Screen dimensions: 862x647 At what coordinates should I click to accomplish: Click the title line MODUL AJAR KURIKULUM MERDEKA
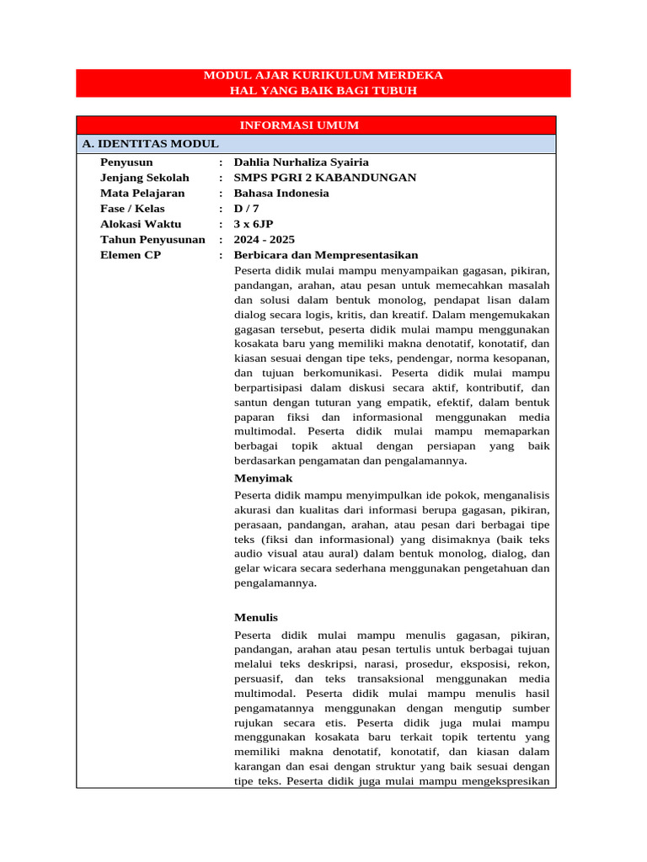pyautogui.click(x=323, y=76)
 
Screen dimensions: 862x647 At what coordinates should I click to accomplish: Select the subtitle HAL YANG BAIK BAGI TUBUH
pyautogui.click(x=323, y=90)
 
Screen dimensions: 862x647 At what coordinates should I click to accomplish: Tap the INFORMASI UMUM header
pyautogui.click(x=299, y=125)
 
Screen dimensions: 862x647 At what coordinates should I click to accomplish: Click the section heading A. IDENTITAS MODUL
pyautogui.click(x=151, y=144)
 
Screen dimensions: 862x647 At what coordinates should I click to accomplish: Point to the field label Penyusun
pyautogui.click(x=127, y=162)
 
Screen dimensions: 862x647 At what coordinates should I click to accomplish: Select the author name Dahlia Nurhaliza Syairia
pyautogui.click(x=302, y=162)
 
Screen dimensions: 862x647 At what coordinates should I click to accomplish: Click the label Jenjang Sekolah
pyautogui.click(x=145, y=178)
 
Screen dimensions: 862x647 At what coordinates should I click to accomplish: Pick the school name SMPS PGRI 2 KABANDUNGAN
pyautogui.click(x=325, y=178)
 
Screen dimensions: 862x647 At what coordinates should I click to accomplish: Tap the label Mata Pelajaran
pyautogui.click(x=142, y=193)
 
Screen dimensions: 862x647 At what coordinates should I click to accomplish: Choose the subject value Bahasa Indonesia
pyautogui.click(x=281, y=193)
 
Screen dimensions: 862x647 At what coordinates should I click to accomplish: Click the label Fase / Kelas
pyautogui.click(x=132, y=209)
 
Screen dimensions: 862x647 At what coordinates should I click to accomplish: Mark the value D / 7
pyautogui.click(x=248, y=209)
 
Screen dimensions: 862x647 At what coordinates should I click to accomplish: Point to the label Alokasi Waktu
pyautogui.click(x=142, y=224)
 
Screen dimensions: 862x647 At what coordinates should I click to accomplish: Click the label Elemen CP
pyautogui.click(x=131, y=255)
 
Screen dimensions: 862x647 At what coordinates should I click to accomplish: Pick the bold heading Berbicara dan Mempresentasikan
pyautogui.click(x=326, y=255)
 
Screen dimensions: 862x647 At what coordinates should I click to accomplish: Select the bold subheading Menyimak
pyautogui.click(x=263, y=478)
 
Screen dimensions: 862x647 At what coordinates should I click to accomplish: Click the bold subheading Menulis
pyautogui.click(x=256, y=617)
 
